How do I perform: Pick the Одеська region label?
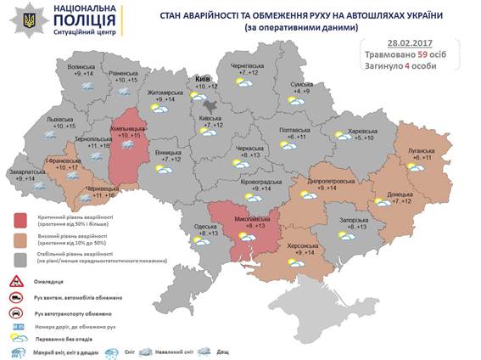click(205, 224)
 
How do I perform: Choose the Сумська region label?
click(302, 85)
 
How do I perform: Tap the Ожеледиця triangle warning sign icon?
click(16, 280)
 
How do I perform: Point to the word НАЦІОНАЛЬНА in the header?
click(73, 8)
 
